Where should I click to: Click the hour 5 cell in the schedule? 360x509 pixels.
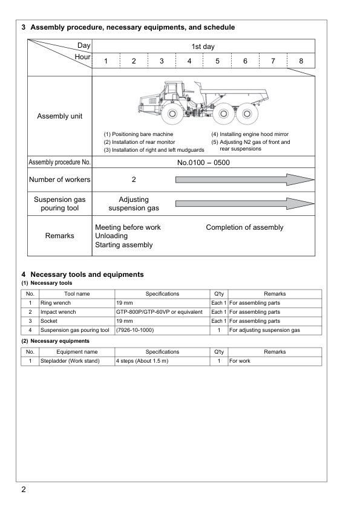pyautogui.click(x=217, y=60)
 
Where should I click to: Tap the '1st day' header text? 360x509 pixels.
pyautogui.click(x=203, y=47)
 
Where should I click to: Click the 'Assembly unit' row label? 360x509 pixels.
pyautogui.click(x=60, y=116)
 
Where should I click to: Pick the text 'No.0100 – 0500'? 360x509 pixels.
pyautogui.click(x=203, y=162)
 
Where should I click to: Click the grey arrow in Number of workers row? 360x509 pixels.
pyautogui.click(x=244, y=180)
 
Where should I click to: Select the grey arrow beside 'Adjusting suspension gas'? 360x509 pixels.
pyautogui.click(x=244, y=204)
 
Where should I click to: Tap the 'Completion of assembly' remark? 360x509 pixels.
pyautogui.click(x=244, y=227)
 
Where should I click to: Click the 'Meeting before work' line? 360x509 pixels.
pyautogui.click(x=128, y=227)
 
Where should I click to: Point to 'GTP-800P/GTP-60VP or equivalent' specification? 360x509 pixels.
pyautogui.click(x=161, y=312)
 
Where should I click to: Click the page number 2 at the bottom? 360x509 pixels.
pyautogui.click(x=24, y=489)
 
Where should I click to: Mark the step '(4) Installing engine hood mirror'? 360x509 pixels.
pyautogui.click(x=250, y=134)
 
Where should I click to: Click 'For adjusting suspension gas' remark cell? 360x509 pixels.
pyautogui.click(x=264, y=330)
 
